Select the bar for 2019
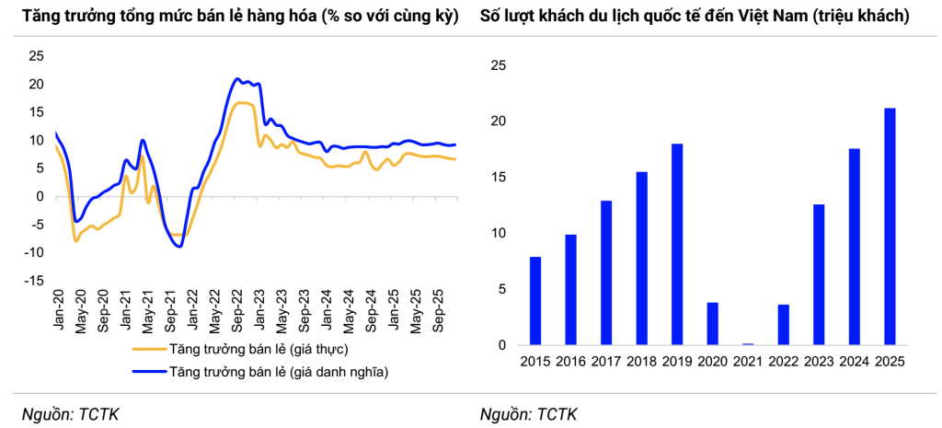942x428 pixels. pos(677,245)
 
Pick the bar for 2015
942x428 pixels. pos(535,301)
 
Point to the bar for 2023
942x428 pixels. pos(819,275)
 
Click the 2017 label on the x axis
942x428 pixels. pos(606,362)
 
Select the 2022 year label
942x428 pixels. pos(783,362)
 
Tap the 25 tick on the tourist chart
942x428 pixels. pos(498,65)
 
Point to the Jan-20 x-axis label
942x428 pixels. pos(57,310)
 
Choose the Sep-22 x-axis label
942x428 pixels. pos(237,310)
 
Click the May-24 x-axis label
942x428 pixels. pos(350,310)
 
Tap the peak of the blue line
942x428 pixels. pos(237,78)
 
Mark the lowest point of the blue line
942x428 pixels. pos(178,247)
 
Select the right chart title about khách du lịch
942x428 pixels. pos(695,17)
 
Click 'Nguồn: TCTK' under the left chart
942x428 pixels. pos(71,414)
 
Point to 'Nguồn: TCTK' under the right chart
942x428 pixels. pos(529,414)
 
